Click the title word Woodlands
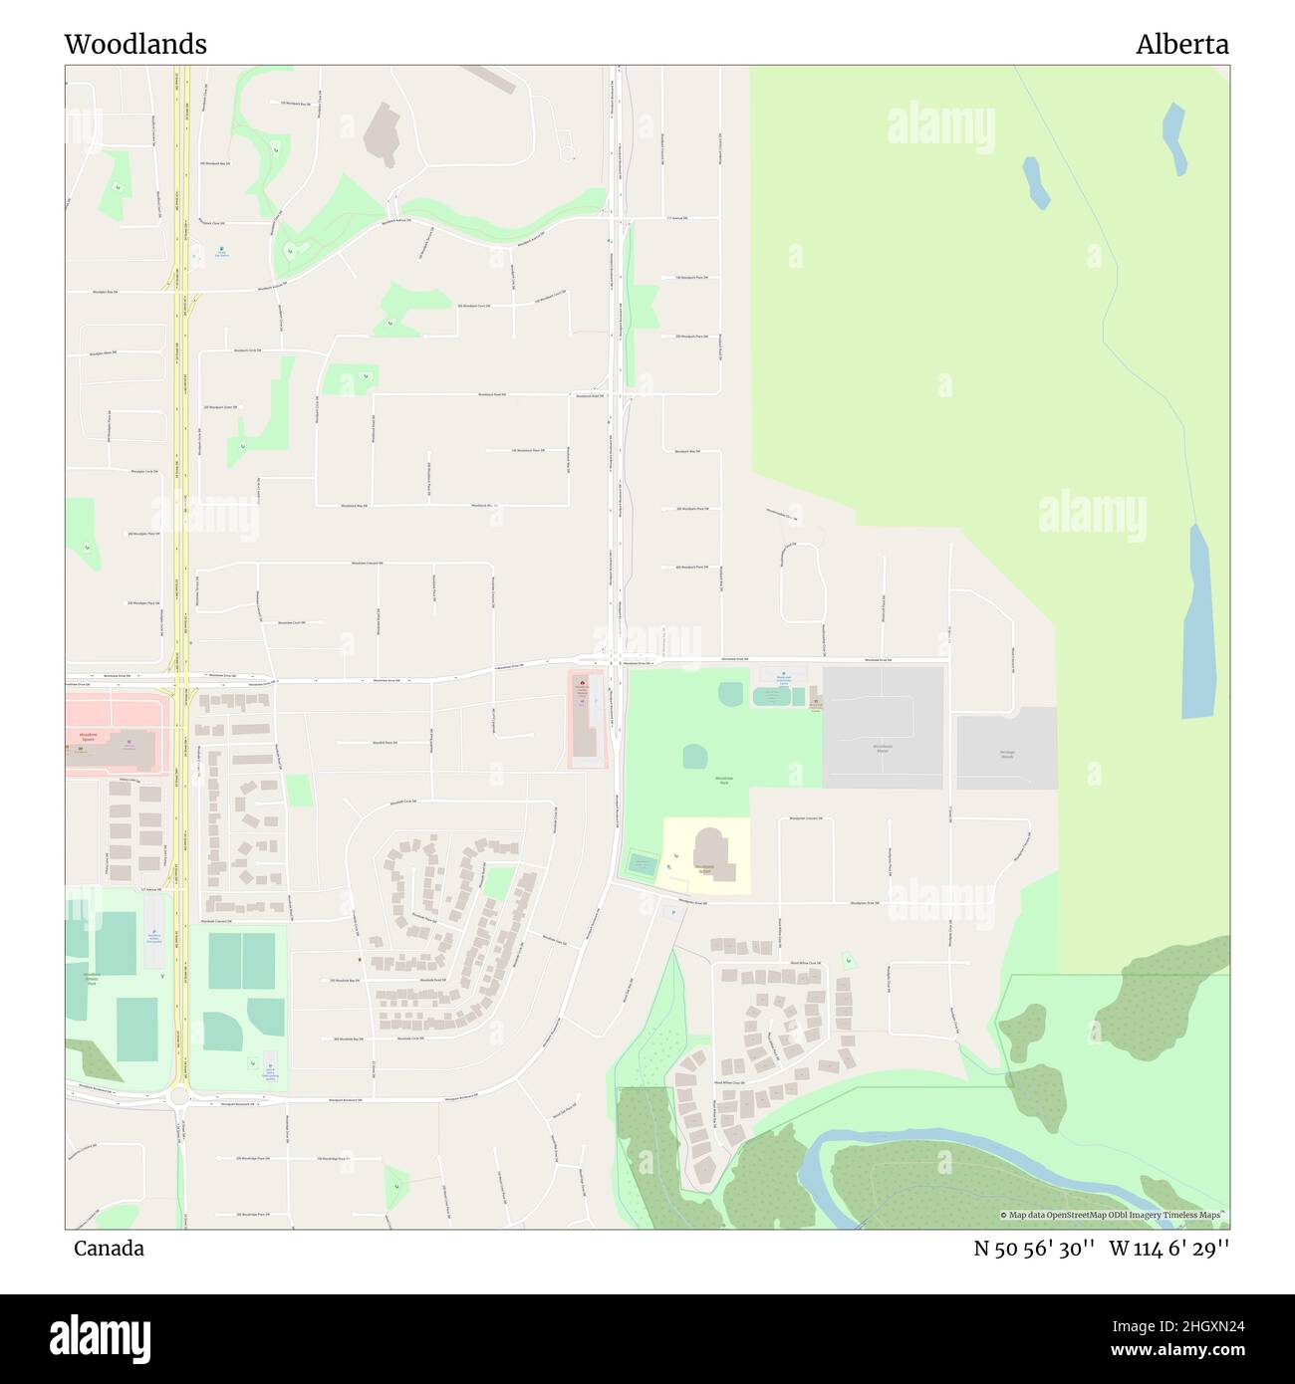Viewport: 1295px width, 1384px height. pos(135,44)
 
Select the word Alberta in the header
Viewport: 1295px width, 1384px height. pos(1182,44)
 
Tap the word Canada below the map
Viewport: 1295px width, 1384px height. pos(108,1249)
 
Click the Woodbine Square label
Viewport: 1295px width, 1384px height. pos(85,738)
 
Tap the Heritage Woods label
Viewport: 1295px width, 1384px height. pos(1006,754)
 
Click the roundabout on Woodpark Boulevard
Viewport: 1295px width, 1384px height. pos(180,1098)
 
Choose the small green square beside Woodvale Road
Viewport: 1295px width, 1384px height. pos(298,791)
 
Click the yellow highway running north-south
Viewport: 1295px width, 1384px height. pos(180,498)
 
